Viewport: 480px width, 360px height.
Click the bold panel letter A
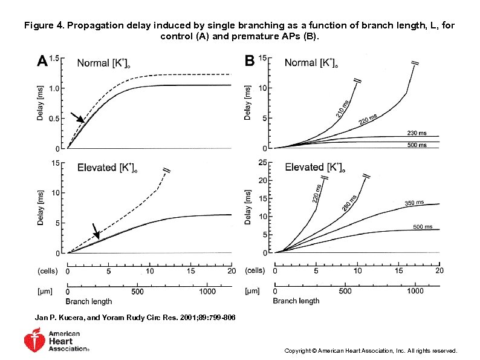click(42, 61)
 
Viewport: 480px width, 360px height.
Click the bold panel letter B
click(249, 61)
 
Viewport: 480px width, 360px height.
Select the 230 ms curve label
click(416, 133)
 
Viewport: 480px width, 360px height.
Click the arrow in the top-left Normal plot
click(77, 117)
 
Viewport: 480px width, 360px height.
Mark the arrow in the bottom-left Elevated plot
click(96, 231)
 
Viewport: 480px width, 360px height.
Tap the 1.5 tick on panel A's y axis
click(55, 58)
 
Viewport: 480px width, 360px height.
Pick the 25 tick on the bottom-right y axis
click(262, 162)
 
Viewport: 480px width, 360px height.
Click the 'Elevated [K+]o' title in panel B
click(314, 167)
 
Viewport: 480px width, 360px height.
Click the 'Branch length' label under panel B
click(296, 301)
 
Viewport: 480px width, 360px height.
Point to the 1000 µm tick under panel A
click(207, 291)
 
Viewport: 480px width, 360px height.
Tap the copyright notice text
click(370, 350)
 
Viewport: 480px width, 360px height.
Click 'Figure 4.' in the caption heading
click(44, 26)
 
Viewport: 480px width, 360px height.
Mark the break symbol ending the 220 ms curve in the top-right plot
click(415, 63)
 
